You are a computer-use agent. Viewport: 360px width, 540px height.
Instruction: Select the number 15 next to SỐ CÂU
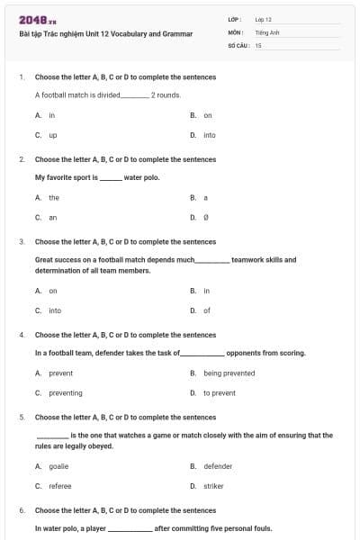[258, 44]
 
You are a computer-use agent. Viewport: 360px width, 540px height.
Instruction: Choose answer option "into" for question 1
[209, 135]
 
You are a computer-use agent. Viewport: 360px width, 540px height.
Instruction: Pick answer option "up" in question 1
[53, 135]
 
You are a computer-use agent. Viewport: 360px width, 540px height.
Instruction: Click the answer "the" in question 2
[54, 197]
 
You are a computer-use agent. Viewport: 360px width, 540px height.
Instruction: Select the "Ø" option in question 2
[206, 217]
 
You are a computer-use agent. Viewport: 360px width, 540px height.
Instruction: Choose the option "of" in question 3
[206, 310]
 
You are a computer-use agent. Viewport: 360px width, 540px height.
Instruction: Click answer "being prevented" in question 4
[229, 373]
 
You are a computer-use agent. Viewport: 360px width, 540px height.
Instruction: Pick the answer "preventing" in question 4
[66, 392]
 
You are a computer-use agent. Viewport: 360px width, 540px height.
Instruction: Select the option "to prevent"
[220, 392]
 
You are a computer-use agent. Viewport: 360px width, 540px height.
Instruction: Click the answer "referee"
[61, 486]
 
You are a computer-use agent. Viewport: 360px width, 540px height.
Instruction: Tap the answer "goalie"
[58, 466]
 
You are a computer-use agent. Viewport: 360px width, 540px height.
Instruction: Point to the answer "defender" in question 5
[218, 466]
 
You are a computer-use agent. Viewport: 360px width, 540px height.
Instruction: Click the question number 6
[21, 510]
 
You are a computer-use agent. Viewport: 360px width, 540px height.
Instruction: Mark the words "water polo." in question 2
[141, 177]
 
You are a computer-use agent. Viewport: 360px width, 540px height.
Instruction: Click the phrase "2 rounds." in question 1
[166, 94]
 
